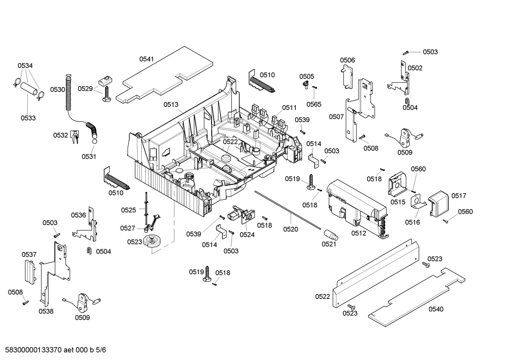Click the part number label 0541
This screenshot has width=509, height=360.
[x=146, y=59]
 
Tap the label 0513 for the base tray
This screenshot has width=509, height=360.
[x=171, y=105]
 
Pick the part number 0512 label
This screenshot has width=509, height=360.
[x=359, y=233]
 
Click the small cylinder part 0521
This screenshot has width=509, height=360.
[x=330, y=234]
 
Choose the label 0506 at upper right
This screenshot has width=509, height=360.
[x=347, y=60]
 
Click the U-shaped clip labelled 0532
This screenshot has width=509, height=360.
[x=74, y=137]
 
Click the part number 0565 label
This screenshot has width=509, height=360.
[x=313, y=104]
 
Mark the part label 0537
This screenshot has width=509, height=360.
[x=29, y=254]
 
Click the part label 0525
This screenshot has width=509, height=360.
[x=128, y=210]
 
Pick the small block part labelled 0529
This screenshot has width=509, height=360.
[x=104, y=81]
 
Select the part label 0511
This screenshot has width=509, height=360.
[x=289, y=107]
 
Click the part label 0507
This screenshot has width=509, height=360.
[x=336, y=117]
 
